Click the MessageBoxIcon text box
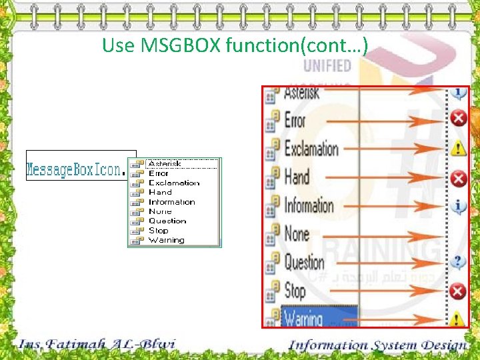pyautogui.click(x=75, y=169)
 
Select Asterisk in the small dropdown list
pyautogui.click(x=165, y=163)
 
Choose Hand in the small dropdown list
pyautogui.click(x=160, y=192)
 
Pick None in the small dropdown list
pyautogui.click(x=160, y=211)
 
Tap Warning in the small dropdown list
pyautogui.click(x=167, y=240)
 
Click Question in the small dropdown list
pyautogui.click(x=167, y=221)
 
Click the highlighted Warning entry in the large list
pyautogui.click(x=303, y=319)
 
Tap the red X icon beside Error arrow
pyautogui.click(x=457, y=119)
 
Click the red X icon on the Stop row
pyautogui.click(x=457, y=291)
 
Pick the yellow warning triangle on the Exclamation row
pyautogui.click(x=457, y=148)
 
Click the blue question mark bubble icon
pyautogui.click(x=457, y=261)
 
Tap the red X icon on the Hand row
pyautogui.click(x=457, y=178)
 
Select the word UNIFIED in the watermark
pyautogui.click(x=327, y=65)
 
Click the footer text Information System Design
pyautogui.click(x=378, y=345)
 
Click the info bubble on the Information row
pyautogui.click(x=457, y=206)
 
